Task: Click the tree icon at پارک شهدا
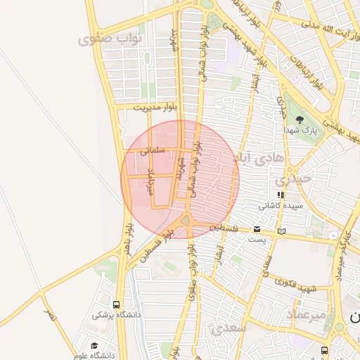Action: (300, 120)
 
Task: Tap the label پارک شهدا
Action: (300, 131)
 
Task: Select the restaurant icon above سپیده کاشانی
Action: (281, 195)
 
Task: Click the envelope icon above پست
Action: (256, 229)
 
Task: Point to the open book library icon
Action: (282, 230)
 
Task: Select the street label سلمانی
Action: (151, 150)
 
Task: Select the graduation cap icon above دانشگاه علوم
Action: (94, 345)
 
